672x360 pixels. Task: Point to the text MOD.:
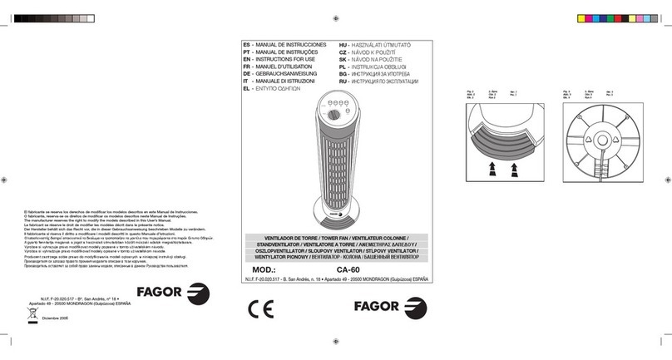point(266,269)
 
